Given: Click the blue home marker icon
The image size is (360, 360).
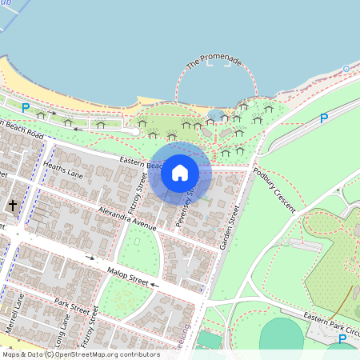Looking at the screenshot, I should [180, 173].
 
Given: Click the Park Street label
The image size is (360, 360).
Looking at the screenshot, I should [73, 309].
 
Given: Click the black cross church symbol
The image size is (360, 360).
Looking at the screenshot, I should [13, 206].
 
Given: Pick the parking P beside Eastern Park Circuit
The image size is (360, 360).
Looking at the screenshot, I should [342, 339].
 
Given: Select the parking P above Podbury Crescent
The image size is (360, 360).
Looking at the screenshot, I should [324, 118].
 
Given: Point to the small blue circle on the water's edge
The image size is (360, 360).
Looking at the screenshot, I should [346, 69].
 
